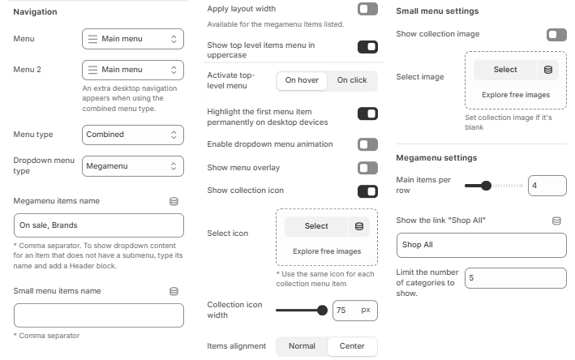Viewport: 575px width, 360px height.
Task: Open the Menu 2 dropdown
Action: (x=133, y=70)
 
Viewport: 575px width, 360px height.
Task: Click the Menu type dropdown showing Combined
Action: (x=133, y=135)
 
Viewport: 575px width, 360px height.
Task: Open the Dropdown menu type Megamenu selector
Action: (x=133, y=166)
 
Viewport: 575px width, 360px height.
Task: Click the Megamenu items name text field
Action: (x=99, y=225)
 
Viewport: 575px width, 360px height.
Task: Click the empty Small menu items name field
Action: (x=99, y=315)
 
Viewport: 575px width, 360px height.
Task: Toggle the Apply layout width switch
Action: (x=367, y=9)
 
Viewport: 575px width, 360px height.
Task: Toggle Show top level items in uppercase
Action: (x=367, y=47)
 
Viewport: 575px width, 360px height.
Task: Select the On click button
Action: (x=352, y=80)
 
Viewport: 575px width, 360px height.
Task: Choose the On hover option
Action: (x=303, y=80)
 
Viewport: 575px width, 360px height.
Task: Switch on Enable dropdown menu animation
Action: (x=367, y=144)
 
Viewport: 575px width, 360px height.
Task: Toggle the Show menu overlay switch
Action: (x=367, y=168)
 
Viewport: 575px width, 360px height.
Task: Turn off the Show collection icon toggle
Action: (x=367, y=191)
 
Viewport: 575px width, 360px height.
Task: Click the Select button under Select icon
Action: (x=316, y=226)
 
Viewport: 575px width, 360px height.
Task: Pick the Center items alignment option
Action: (x=352, y=346)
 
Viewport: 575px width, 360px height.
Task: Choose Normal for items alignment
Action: (x=302, y=346)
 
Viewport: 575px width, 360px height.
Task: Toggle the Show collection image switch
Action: (x=556, y=34)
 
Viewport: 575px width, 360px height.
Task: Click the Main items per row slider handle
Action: (x=486, y=186)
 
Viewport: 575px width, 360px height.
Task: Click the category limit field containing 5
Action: (x=515, y=278)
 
